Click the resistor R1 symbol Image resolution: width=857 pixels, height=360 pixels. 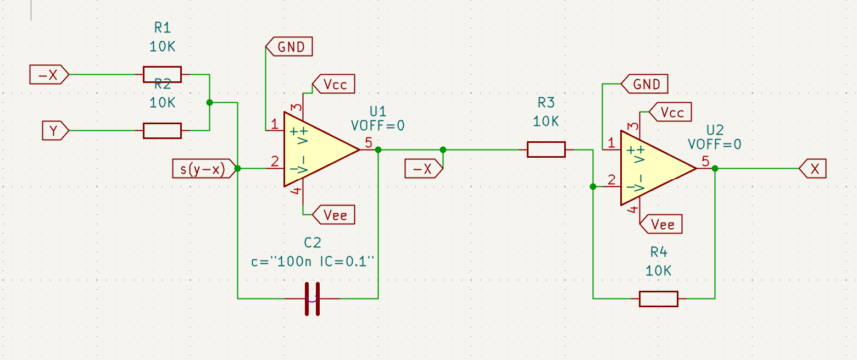(162, 74)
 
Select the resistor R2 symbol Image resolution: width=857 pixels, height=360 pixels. (162, 130)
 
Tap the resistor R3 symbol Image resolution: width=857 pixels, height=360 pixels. (546, 149)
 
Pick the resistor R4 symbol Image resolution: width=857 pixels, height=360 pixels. (659, 299)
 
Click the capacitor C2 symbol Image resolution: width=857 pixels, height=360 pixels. (312, 299)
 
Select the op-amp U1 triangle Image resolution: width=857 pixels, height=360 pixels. (321, 149)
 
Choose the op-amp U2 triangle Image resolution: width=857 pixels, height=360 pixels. (658, 168)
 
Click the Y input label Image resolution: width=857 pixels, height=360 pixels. (55, 130)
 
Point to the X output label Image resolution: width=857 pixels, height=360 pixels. (813, 168)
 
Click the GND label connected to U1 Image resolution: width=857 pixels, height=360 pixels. (289, 47)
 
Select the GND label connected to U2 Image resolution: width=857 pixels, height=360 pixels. (644, 84)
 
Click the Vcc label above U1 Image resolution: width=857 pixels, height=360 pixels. (333, 84)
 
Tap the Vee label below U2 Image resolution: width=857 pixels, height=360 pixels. (661, 224)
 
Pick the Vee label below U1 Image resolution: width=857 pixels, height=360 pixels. (333, 214)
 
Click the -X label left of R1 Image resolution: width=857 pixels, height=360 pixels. (49, 74)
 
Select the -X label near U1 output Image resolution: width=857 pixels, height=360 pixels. (424, 168)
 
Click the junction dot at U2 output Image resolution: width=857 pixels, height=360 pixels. (715, 168)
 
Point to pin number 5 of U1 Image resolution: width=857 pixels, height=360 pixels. (369, 142)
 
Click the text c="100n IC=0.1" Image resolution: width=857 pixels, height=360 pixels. (312, 262)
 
